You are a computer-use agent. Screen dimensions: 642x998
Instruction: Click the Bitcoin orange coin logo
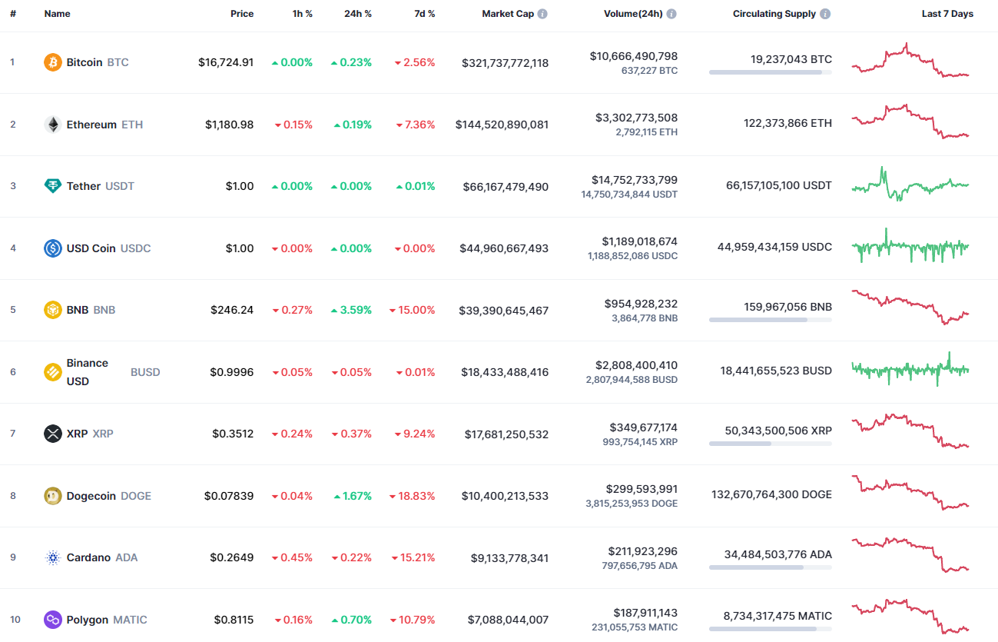(x=53, y=62)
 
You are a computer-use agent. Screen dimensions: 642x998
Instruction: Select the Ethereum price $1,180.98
(x=229, y=125)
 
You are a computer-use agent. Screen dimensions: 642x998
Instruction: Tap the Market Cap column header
(x=507, y=14)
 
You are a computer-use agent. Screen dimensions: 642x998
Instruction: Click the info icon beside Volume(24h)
(x=671, y=14)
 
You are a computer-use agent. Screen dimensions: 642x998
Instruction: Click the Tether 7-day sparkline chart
(x=910, y=185)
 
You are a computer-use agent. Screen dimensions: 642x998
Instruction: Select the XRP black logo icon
(x=53, y=434)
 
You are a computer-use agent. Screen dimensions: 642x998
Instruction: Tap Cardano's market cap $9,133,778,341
(x=509, y=558)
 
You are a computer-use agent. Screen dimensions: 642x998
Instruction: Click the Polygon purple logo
(x=53, y=620)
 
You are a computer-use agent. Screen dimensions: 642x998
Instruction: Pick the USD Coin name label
(x=91, y=248)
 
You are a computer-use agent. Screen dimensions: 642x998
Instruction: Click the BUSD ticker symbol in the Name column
(x=145, y=372)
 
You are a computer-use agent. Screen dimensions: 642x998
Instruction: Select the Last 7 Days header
(x=947, y=14)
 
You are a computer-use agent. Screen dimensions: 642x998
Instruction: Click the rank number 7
(x=12, y=434)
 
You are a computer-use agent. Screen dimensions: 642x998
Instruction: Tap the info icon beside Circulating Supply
(x=825, y=14)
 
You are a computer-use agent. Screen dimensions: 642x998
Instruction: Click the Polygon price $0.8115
(x=234, y=620)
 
